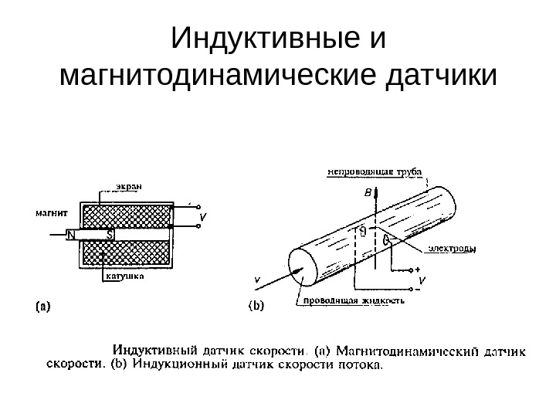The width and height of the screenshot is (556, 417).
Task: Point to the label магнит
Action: [x=51, y=210]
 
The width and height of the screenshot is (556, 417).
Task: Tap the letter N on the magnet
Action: [x=70, y=234]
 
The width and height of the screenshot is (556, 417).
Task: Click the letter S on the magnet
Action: [x=110, y=234]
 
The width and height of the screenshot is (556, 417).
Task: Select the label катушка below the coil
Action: [x=121, y=281]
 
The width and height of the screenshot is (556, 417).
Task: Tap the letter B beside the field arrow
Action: [x=367, y=190]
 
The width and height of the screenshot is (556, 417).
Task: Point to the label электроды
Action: [x=449, y=249]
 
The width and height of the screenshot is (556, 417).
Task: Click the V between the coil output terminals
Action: [x=202, y=218]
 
